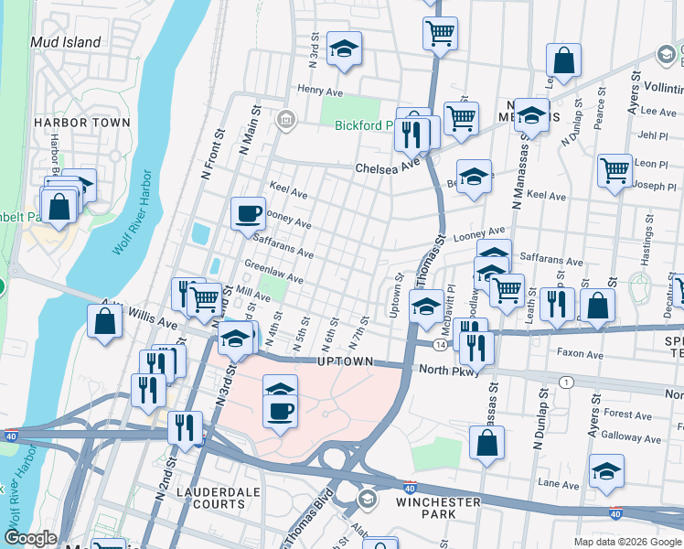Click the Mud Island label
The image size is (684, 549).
(x=65, y=42)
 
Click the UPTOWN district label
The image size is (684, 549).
(x=345, y=362)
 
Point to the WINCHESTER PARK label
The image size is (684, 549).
(x=438, y=509)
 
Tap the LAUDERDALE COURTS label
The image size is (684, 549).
(x=219, y=498)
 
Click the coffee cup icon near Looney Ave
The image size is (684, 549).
(x=248, y=215)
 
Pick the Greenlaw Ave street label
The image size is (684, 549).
(x=273, y=272)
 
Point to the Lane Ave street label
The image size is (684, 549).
(x=559, y=483)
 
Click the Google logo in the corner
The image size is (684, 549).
(x=31, y=538)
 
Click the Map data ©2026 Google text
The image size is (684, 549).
(x=627, y=542)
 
